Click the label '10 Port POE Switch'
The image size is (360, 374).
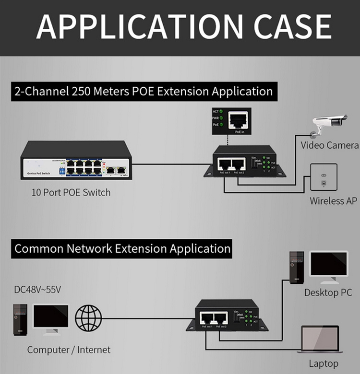click(71, 193)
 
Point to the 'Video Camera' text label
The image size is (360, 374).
click(329, 145)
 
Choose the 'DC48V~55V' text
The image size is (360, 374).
click(37, 290)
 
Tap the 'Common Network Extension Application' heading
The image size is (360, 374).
click(122, 249)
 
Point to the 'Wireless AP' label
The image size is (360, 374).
click(333, 201)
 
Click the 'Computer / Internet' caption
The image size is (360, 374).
click(69, 350)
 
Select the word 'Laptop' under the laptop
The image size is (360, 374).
click(324, 363)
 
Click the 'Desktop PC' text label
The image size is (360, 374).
click(328, 292)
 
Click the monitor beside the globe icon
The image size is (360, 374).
click(50, 319)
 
